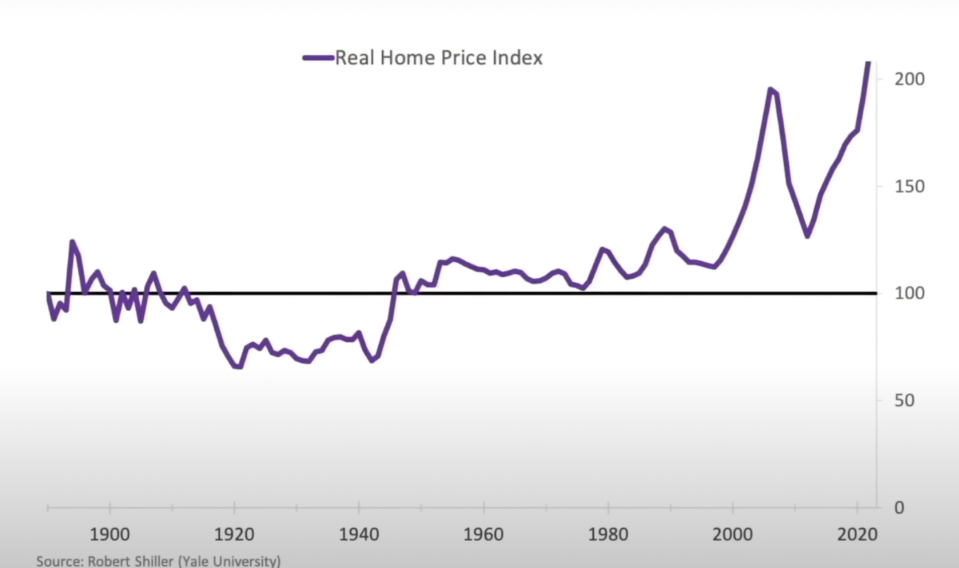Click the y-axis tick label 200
(x=909, y=80)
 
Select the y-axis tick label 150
(x=909, y=187)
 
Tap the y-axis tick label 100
(x=909, y=293)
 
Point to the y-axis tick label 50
(x=904, y=401)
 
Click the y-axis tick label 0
(x=899, y=508)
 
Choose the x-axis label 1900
(x=110, y=535)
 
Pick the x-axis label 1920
(x=234, y=535)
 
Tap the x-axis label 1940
(x=359, y=535)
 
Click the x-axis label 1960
(x=483, y=535)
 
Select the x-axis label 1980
(x=608, y=535)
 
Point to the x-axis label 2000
(x=733, y=535)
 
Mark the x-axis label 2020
(x=857, y=535)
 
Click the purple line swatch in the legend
(x=318, y=58)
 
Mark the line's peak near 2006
(x=771, y=89)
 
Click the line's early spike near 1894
(x=72, y=242)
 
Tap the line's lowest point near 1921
(x=238, y=366)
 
